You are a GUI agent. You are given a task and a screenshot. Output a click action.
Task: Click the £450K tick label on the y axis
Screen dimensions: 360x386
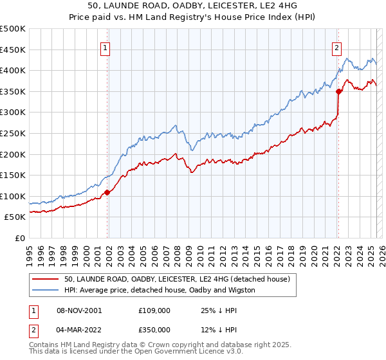[13, 50]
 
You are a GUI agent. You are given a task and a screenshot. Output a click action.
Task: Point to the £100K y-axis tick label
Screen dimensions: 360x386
[13, 196]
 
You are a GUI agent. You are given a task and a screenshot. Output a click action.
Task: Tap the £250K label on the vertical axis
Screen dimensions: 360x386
[13, 133]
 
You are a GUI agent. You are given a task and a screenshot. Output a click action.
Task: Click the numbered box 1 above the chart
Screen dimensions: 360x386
[105, 46]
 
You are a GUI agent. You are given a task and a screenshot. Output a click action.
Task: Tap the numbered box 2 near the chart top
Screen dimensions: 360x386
[336, 46]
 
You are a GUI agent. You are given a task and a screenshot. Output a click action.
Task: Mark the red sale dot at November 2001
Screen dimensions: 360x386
[107, 192]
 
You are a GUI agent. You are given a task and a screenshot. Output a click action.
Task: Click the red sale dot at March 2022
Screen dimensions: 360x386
[338, 91]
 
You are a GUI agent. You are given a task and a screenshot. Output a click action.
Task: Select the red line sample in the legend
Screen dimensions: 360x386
[46, 279]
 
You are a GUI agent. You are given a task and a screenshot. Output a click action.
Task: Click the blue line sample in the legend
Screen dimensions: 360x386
[46, 290]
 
